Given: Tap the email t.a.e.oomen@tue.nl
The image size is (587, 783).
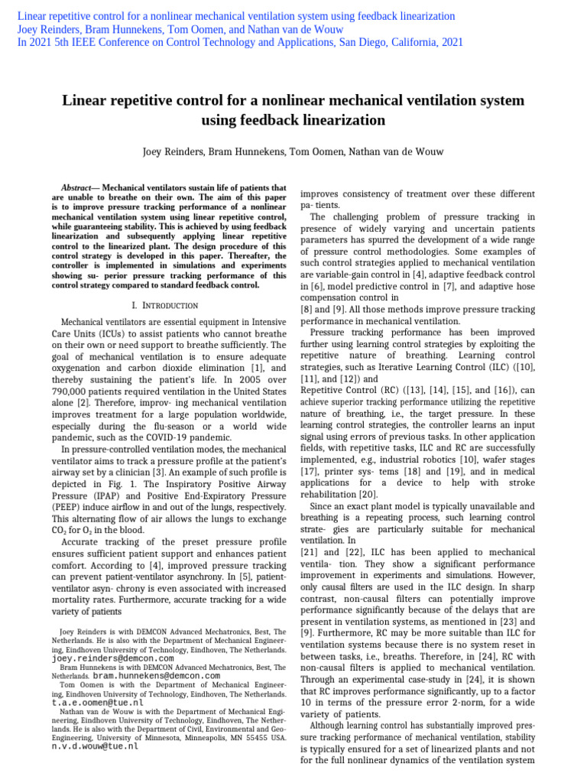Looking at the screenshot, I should pyautogui.click(x=97, y=702).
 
